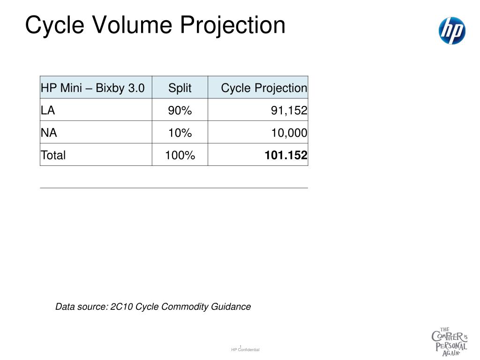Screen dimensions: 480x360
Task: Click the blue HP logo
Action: [452, 30]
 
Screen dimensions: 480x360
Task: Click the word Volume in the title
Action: [132, 25]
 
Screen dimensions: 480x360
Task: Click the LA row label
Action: [48, 110]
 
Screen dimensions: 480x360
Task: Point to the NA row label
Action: [49, 133]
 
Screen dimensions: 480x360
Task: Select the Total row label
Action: [53, 155]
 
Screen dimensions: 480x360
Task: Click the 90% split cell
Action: [180, 111]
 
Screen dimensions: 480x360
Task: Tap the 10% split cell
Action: [180, 133]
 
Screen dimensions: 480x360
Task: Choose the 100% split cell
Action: [180, 155]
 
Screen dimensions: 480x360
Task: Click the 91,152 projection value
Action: [289, 111]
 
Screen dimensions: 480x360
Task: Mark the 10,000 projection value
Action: [289, 133]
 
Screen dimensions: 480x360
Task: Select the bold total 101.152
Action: [286, 155]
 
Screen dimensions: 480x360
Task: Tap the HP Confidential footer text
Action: [245, 350]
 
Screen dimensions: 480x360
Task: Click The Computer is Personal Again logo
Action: [450, 342]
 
